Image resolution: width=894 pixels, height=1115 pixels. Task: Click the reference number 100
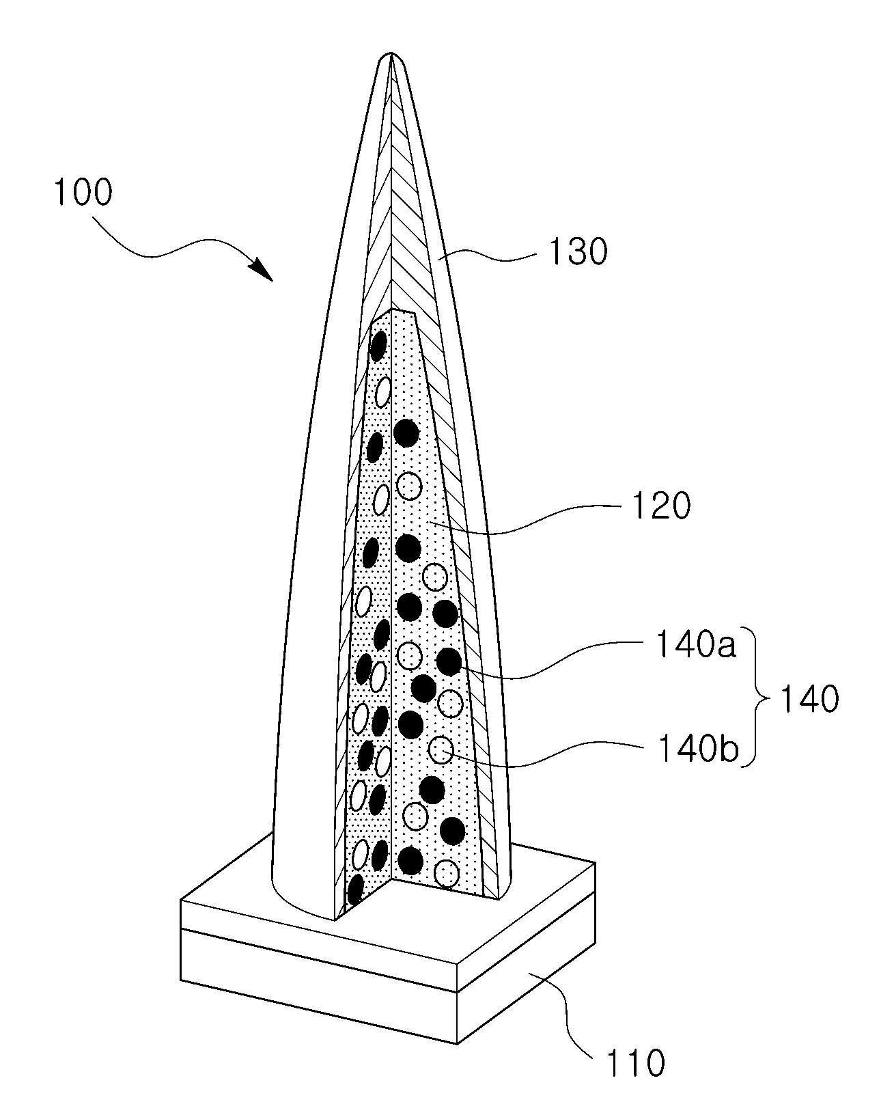click(83, 192)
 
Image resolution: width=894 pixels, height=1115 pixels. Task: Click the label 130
click(578, 252)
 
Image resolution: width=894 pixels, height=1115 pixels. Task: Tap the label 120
click(661, 506)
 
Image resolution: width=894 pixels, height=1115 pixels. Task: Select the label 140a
click(696, 644)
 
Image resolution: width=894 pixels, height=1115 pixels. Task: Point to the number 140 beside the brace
click(809, 699)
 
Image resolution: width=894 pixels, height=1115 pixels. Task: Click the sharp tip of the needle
click(391, 53)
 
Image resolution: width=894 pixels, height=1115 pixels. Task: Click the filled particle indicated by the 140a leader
click(449, 661)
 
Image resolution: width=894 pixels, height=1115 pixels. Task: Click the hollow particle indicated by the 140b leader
click(441, 750)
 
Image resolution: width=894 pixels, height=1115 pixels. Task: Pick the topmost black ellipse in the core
click(378, 346)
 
